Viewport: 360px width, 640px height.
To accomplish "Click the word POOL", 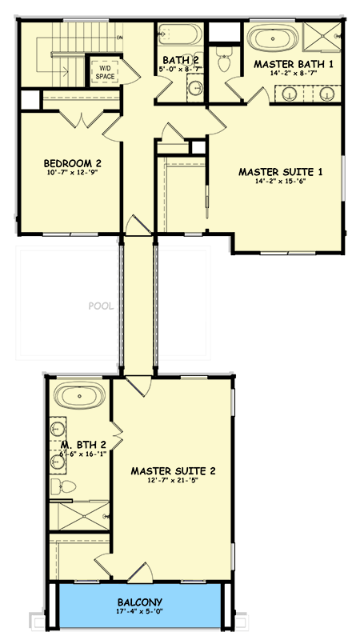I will pos(101,305).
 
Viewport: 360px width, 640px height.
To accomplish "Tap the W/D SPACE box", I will pos(105,72).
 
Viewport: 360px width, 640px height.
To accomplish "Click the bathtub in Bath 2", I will pos(170,37).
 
